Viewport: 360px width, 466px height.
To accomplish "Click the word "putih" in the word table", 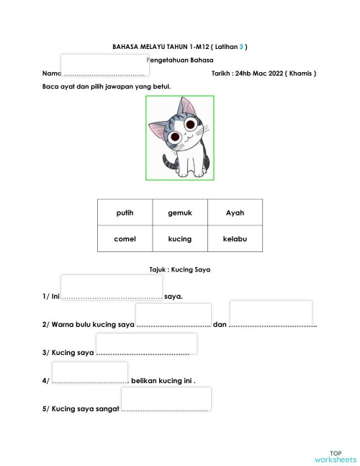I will [x=125, y=212].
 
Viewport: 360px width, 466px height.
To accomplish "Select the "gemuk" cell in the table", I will [x=179, y=212].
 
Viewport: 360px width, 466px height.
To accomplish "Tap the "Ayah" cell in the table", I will [x=235, y=212].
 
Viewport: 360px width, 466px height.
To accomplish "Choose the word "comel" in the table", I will [x=125, y=238].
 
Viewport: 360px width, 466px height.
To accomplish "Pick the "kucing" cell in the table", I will [x=179, y=238].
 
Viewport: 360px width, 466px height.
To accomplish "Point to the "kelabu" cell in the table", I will [x=235, y=238].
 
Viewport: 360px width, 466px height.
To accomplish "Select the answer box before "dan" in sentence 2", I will [x=173, y=314].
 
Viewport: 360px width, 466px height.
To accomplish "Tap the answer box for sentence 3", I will [x=146, y=343].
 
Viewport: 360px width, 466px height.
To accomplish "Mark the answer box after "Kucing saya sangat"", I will [x=166, y=398].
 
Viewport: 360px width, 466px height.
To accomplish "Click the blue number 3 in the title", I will [x=242, y=47].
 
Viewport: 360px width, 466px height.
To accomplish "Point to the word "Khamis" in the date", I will [x=298, y=73].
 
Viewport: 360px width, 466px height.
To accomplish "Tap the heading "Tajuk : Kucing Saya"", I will [x=179, y=269].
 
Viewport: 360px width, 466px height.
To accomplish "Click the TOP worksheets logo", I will [x=336, y=455].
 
